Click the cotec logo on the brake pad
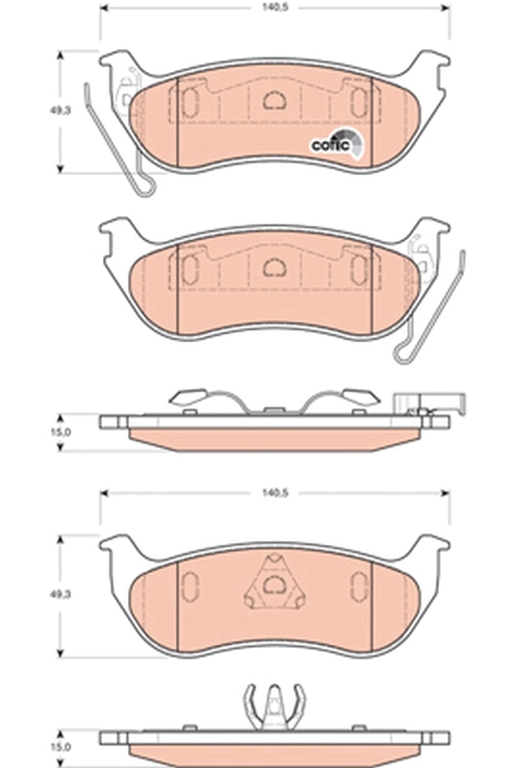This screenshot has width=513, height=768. tap(336, 144)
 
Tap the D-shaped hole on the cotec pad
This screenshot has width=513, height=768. tap(274, 99)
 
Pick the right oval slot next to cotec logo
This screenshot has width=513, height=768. tap(358, 103)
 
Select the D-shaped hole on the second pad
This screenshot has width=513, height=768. tap(274, 266)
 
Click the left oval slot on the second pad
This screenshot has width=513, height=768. tap(189, 269)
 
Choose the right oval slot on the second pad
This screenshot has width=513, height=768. tap(358, 269)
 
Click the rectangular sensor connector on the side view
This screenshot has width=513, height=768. tap(406, 396)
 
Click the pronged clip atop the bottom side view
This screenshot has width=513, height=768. tap(274, 706)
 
